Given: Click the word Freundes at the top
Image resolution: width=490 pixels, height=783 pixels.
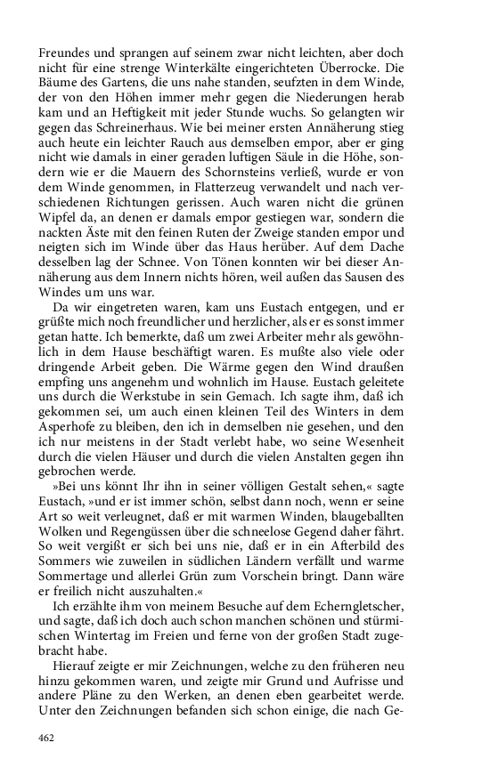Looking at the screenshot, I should click(66, 52).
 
